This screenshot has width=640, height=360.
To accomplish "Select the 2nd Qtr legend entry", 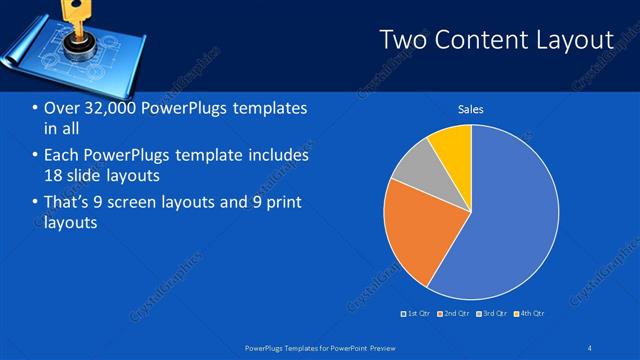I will [454, 313].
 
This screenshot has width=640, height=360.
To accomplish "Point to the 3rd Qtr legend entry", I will [493, 313].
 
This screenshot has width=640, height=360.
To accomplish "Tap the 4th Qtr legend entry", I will [529, 313].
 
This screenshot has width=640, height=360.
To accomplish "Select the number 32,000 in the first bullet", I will [105, 108].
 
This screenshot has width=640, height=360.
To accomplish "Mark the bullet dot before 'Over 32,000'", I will [35, 108].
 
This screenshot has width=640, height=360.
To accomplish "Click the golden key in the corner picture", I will [71, 12].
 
